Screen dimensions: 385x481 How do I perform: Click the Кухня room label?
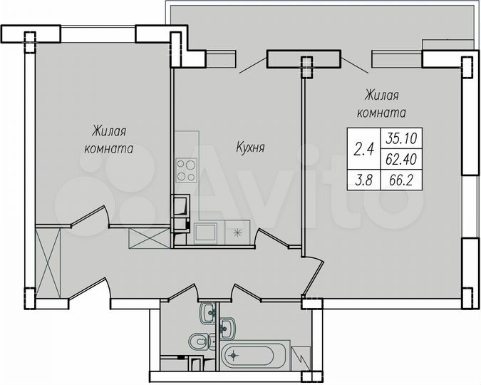(251, 148)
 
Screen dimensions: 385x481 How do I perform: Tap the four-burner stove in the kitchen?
(187, 170)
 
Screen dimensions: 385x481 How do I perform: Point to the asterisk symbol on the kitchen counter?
(238, 232)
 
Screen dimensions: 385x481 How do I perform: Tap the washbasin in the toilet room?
(210, 312)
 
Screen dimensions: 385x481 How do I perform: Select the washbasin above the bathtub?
(228, 328)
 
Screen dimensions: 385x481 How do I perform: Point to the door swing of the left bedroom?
(89, 217)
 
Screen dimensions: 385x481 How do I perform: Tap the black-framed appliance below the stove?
(182, 206)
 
